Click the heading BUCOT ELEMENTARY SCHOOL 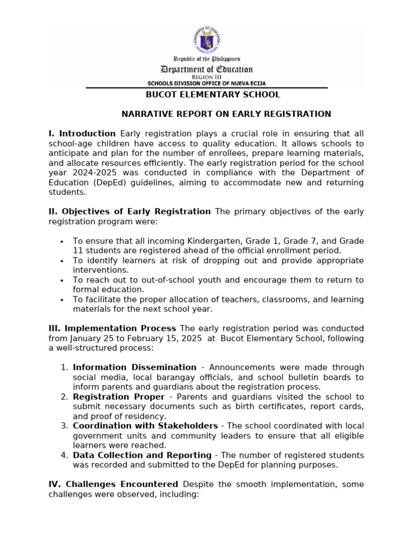206,95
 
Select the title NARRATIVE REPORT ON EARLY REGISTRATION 226,114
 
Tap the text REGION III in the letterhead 206,77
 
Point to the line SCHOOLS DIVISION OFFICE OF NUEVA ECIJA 206,83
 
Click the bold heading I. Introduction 82,133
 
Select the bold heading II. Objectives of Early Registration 130,211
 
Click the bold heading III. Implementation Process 112,328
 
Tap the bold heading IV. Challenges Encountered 113,484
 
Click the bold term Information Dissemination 134,368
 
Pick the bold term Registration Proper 118,397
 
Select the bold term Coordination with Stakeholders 145,426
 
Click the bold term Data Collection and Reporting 142,455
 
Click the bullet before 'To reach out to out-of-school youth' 62,280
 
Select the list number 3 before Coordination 64,426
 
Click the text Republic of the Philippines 206,59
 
